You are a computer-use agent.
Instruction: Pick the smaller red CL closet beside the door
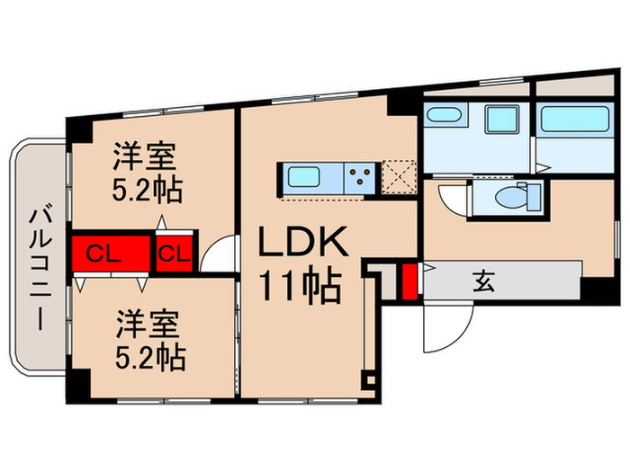(x=172, y=254)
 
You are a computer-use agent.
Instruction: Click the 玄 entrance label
(x=483, y=282)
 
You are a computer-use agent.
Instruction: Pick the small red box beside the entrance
(x=409, y=281)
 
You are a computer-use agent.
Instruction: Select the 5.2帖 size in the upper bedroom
(x=149, y=190)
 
